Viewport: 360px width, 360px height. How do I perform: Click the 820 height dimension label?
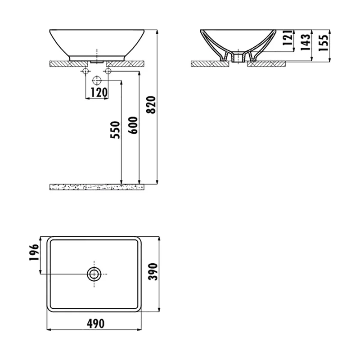151,105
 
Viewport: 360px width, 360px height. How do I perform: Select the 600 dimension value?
133,126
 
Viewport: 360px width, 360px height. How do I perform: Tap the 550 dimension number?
115,130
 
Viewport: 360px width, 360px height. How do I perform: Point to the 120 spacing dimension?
99,92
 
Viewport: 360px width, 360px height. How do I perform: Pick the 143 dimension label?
306,42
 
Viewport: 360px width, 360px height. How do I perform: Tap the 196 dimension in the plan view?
34,252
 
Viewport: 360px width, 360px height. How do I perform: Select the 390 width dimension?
153,272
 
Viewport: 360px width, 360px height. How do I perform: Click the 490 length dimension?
96,324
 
